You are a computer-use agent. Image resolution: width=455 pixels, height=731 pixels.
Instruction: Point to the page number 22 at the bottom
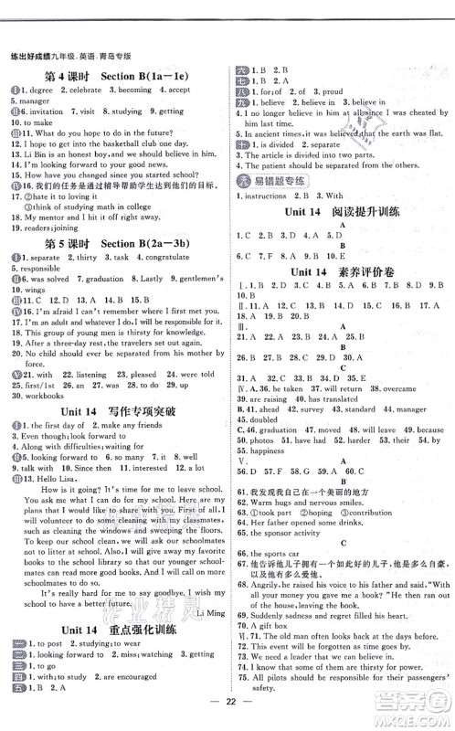tap(227, 713)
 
